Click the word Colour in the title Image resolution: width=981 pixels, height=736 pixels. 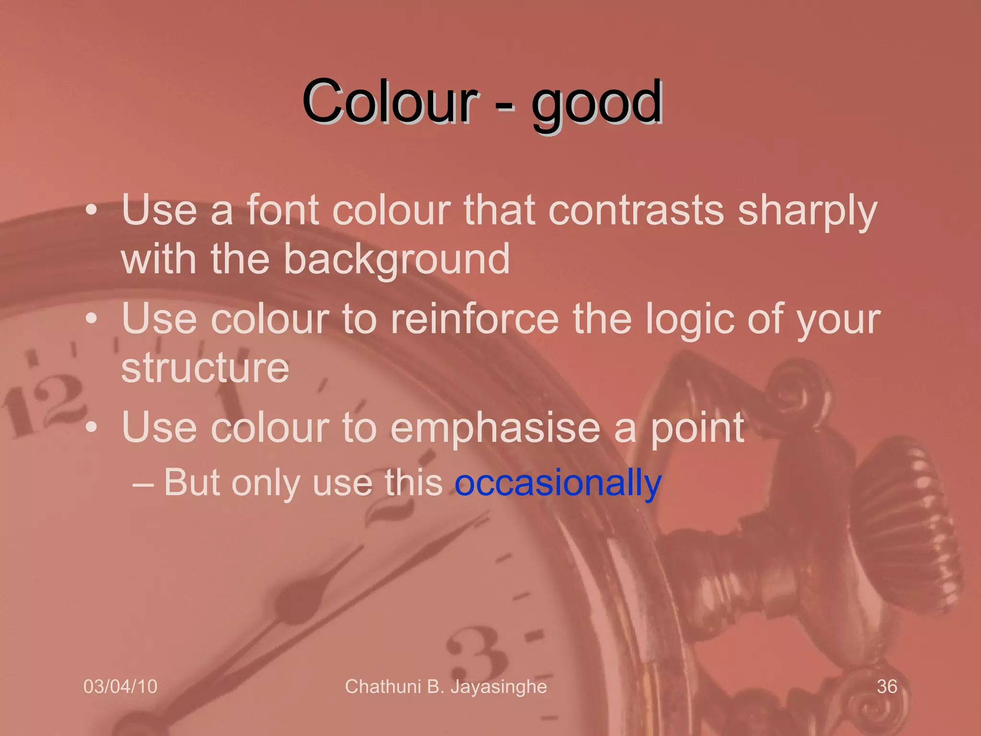(x=390, y=102)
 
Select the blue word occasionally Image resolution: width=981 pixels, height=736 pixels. (x=558, y=483)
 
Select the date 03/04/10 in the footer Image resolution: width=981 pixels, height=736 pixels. (x=120, y=687)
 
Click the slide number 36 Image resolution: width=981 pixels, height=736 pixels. (x=887, y=687)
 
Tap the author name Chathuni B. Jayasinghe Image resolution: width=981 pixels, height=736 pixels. (x=445, y=687)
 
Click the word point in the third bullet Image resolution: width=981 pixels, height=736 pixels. (x=697, y=429)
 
